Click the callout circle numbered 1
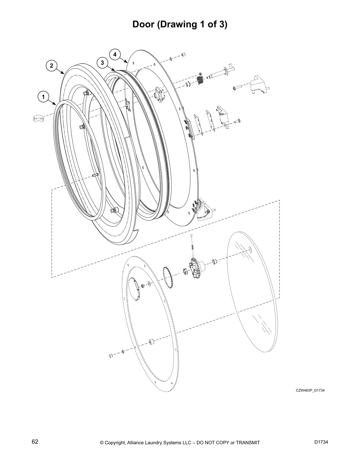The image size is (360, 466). click(x=43, y=96)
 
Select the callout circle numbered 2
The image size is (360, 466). click(x=51, y=66)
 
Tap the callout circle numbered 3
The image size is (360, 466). click(x=102, y=63)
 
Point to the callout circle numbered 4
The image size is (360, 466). click(x=115, y=54)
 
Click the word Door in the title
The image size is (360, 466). click(x=144, y=24)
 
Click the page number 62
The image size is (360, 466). click(x=35, y=442)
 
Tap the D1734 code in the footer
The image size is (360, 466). click(x=321, y=442)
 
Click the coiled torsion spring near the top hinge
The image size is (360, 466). click(x=200, y=80)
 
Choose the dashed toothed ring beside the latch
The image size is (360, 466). click(x=168, y=277)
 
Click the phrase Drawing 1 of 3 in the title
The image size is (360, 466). click(x=192, y=24)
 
